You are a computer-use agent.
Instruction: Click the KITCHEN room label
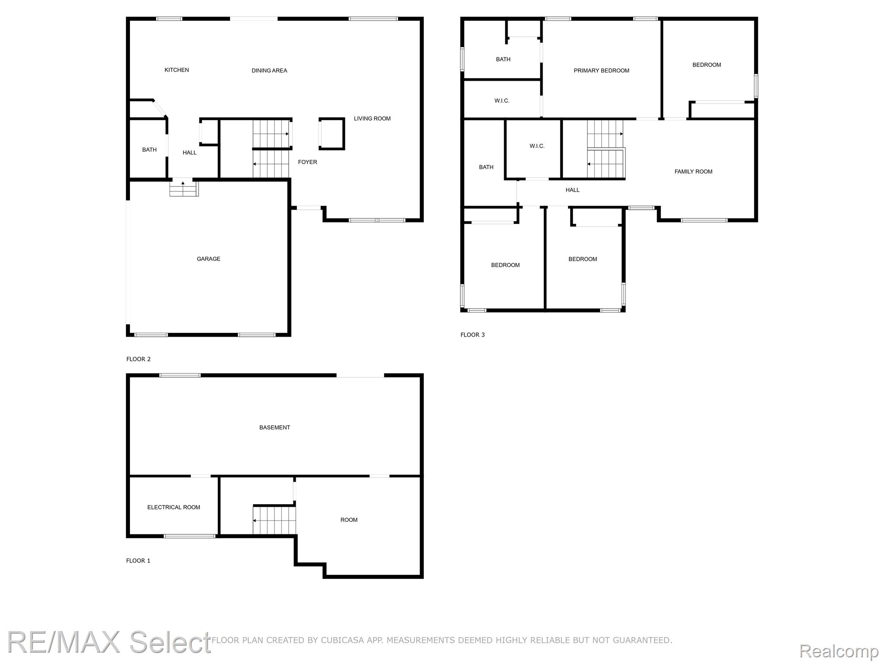click(x=177, y=70)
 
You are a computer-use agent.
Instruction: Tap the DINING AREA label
click(x=269, y=70)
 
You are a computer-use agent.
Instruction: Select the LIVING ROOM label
click(x=372, y=118)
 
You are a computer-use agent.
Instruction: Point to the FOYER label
click(x=307, y=162)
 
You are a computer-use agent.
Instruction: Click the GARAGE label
click(x=208, y=259)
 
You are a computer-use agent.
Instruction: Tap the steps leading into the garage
click(x=184, y=189)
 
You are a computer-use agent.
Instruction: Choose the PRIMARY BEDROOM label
click(x=601, y=70)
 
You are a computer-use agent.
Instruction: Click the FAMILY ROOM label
click(x=693, y=171)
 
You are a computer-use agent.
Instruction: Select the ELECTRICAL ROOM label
click(x=174, y=507)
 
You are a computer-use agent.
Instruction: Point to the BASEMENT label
click(x=275, y=427)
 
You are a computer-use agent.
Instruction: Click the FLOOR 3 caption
click(x=473, y=335)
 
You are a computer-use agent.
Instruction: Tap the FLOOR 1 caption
click(x=138, y=561)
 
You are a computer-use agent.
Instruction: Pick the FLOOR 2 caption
click(x=138, y=359)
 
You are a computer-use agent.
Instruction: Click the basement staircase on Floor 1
click(x=275, y=520)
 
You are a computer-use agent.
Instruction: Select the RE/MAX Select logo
click(x=109, y=643)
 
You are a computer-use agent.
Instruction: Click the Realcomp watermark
click(x=839, y=651)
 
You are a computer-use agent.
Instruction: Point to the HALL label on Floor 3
click(x=572, y=189)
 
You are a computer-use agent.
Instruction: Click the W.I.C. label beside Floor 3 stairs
click(x=537, y=146)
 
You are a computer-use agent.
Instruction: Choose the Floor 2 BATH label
click(x=149, y=150)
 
